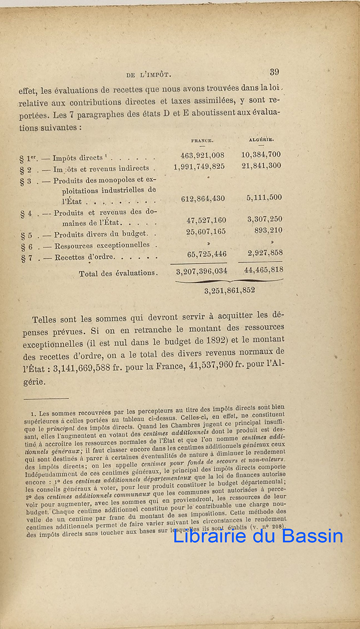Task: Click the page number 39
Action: (x=275, y=72)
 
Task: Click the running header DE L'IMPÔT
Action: (x=150, y=74)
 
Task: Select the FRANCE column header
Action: (x=202, y=140)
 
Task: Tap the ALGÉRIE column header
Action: (x=262, y=139)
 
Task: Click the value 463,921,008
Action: (x=202, y=155)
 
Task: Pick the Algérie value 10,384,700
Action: (x=261, y=155)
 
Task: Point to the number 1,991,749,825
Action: (x=199, y=166)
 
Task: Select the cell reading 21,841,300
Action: (x=261, y=166)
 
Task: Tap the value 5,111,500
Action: (x=264, y=198)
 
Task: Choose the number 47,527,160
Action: (x=206, y=220)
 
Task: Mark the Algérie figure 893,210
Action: (x=268, y=230)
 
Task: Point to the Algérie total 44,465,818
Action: (x=264, y=270)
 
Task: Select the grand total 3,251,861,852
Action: (x=230, y=290)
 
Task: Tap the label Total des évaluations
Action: (x=118, y=273)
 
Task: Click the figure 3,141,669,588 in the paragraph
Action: (x=83, y=368)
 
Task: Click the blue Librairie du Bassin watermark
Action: (x=258, y=536)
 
